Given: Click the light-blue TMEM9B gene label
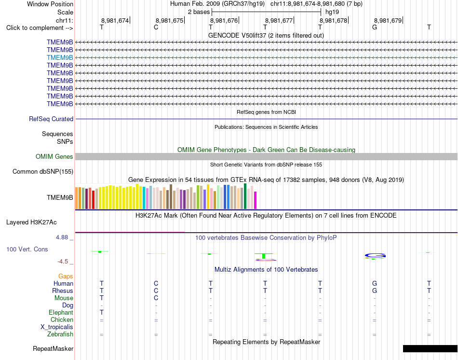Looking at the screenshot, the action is point(60,57).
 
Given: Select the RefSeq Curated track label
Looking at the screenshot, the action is point(51,119).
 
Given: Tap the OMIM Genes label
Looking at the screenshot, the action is point(54,156).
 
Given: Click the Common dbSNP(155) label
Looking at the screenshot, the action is point(42,172).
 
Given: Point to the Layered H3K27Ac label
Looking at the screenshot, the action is point(31,222).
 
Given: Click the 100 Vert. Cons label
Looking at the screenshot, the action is point(27,249).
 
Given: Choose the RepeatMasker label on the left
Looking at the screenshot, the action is point(53,348).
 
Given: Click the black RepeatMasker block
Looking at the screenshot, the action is point(430,348).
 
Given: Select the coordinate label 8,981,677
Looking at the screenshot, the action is point(279,20).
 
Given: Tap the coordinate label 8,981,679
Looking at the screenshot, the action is point(388,20).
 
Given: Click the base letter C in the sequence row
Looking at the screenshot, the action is point(156,27).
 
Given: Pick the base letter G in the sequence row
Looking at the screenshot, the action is point(375,27).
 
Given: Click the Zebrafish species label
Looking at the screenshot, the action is point(60,334).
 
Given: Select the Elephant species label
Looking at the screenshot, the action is point(61,313).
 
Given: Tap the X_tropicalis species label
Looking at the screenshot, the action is point(57,327).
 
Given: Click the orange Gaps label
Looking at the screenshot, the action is point(66,276).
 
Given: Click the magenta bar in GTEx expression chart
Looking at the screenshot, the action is point(256,200).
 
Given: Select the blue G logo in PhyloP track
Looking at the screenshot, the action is point(375,256).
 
